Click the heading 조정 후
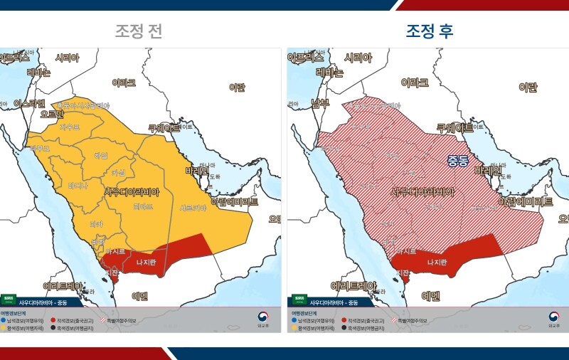(430, 31)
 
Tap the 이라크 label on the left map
(124, 83)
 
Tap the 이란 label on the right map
(527, 88)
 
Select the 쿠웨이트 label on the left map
(165, 128)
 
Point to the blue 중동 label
(457, 161)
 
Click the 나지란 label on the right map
(437, 262)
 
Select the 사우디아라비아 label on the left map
(132, 192)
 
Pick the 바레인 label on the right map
(487, 171)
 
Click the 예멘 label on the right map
(432, 295)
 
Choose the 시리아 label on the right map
(358, 58)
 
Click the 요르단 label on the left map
(52, 114)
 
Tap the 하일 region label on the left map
(100, 155)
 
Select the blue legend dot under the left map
(4, 321)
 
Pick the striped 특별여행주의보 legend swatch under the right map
(394, 321)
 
